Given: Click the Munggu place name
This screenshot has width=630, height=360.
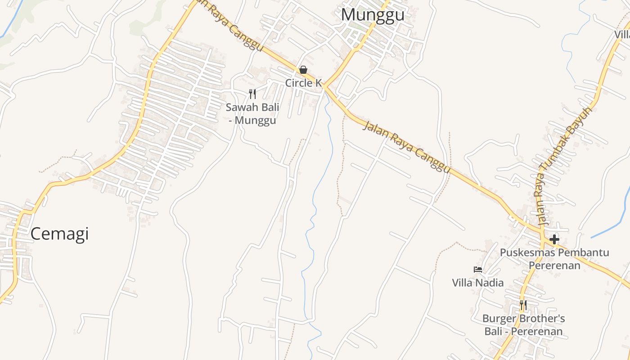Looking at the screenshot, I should (373, 15).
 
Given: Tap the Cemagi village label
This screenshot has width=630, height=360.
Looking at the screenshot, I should (59, 234).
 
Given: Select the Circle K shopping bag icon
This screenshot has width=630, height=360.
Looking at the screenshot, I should (303, 70).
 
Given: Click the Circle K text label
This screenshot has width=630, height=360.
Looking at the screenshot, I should (304, 83).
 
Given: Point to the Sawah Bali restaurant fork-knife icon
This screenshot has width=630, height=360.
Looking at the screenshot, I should (252, 94).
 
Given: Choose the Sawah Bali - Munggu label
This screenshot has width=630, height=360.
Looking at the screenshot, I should (252, 114).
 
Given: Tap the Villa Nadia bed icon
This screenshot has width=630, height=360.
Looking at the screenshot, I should (478, 270).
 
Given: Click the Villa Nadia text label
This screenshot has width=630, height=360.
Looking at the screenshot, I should (478, 283).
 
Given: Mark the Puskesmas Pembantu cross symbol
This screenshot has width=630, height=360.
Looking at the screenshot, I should (554, 239).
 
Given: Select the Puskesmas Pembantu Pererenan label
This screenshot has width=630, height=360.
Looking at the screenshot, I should (554, 259).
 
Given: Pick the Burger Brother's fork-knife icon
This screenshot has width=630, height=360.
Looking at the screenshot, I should (523, 306).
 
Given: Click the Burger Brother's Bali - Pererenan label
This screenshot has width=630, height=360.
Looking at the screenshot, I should (523, 325).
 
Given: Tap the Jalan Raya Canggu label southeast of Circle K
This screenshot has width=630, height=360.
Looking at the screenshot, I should (407, 147).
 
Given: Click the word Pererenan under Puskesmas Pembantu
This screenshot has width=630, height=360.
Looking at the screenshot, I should (554, 265).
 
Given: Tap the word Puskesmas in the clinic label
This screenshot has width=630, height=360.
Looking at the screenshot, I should (524, 252).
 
